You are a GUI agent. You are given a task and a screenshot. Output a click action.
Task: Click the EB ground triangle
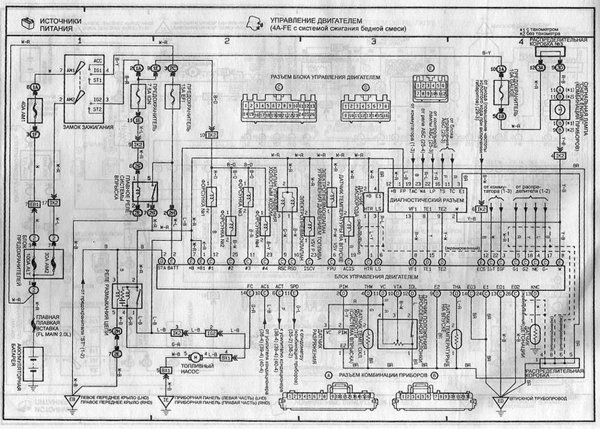point(72,400)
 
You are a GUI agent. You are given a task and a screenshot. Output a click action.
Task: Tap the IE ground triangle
point(164,400)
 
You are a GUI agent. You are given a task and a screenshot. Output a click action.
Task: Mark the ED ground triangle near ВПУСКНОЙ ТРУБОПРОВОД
point(500,401)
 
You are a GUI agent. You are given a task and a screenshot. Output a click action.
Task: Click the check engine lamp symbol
point(561,108)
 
